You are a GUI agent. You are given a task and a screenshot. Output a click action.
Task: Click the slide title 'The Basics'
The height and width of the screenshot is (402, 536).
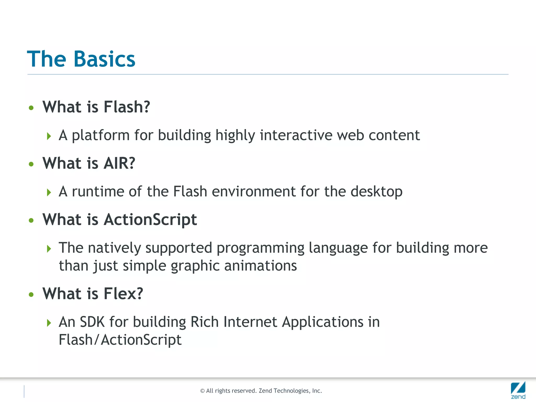[81, 59]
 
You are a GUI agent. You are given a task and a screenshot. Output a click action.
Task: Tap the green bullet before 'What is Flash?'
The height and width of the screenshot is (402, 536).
[31, 108]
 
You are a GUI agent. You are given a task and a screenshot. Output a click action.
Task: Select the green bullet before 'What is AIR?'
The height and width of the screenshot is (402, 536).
[31, 164]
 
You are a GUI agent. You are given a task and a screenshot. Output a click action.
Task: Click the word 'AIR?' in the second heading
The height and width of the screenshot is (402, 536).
[119, 163]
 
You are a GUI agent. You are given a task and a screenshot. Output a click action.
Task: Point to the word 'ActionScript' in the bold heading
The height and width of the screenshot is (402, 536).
[150, 220]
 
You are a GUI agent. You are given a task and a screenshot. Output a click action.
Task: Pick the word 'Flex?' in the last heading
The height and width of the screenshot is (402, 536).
[123, 294]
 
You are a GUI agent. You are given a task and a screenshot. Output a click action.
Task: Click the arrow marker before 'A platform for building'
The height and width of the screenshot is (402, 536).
[49, 136]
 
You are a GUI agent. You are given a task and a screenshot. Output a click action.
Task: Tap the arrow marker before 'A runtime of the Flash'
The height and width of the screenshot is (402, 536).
[49, 192]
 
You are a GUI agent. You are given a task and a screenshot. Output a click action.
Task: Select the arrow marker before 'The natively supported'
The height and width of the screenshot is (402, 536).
[49, 249]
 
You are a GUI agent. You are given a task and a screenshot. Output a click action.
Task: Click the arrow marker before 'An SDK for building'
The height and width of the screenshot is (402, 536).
[49, 323]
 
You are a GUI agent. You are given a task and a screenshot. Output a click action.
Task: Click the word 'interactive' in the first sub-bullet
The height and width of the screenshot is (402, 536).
[296, 135]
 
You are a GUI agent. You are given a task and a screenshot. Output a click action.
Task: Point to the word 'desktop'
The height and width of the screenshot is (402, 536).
[376, 192]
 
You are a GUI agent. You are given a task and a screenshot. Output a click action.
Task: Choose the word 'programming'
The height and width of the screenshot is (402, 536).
[260, 248]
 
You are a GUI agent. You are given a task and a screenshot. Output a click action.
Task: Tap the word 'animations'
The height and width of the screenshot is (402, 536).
[260, 266]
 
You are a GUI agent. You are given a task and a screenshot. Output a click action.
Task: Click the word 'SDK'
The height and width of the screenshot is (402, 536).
[92, 322]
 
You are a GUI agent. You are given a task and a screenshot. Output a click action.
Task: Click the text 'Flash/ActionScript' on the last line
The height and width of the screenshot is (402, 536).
[120, 340]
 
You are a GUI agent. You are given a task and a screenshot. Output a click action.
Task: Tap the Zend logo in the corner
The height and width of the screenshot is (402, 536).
[518, 390]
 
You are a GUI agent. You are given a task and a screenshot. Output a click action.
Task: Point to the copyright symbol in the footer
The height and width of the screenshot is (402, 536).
[202, 391]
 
